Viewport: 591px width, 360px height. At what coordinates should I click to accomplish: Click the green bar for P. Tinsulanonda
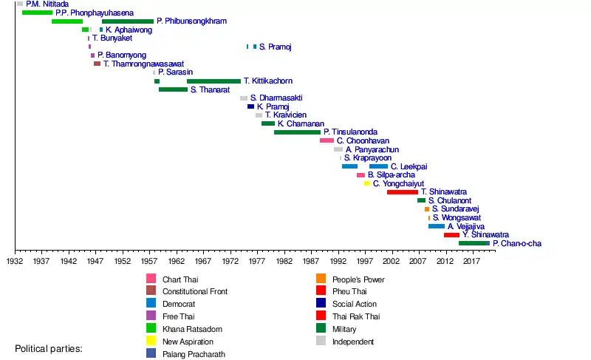pos(297,132)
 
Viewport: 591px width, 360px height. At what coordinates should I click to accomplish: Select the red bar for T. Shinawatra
pos(402,192)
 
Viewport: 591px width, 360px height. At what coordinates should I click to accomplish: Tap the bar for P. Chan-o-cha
pos(474,243)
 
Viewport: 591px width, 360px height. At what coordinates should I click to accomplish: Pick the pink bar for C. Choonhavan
pos(327,140)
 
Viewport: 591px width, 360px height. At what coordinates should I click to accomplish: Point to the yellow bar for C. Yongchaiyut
pos(367,183)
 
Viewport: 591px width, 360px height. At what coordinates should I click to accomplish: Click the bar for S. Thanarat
pos(173,89)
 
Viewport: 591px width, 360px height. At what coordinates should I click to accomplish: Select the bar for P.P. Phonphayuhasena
pos(37,13)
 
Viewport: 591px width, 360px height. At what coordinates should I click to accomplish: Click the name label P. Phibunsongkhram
pos(191,21)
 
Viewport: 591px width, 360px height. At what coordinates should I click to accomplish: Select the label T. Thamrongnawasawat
pos(143,64)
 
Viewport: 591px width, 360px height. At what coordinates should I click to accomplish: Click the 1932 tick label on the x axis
pos(15,261)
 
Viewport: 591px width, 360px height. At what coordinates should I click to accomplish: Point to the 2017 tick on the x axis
pos(471,261)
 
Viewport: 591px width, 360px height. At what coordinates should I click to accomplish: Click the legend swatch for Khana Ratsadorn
pos(151,329)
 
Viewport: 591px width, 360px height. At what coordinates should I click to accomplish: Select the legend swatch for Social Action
pos(321,304)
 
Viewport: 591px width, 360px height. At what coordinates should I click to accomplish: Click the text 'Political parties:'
pos(49,348)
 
